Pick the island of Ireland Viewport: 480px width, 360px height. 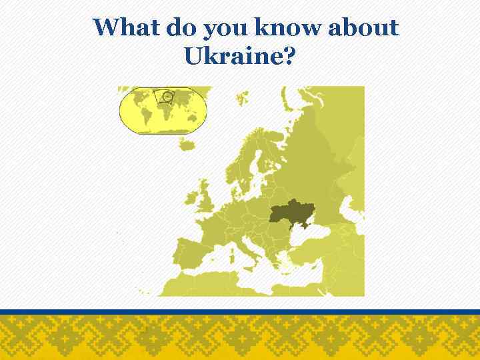pos(191,199)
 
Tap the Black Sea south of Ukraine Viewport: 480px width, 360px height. pos(313,240)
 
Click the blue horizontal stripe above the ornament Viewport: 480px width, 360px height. pos(240,311)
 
